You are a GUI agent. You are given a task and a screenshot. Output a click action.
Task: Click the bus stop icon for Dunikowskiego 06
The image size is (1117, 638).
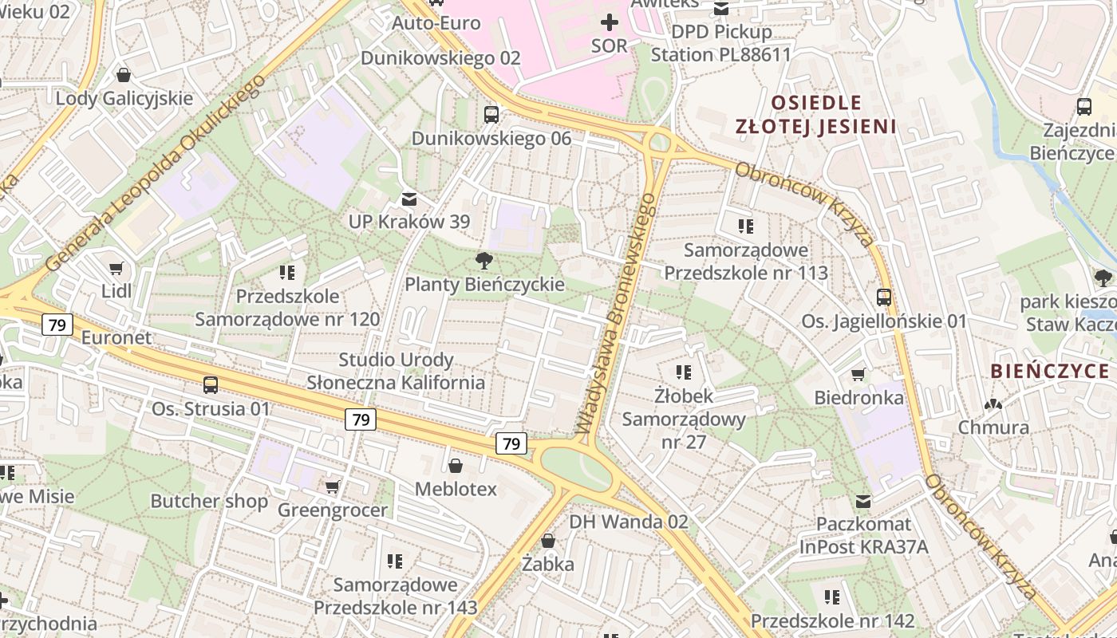pyautogui.click(x=491, y=115)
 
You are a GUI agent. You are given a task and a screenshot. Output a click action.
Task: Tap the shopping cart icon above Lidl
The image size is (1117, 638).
pyautogui.click(x=116, y=268)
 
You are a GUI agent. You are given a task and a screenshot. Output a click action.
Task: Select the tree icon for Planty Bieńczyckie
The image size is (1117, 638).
pyautogui.click(x=483, y=260)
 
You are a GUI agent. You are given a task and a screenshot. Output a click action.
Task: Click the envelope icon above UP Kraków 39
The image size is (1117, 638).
pyautogui.click(x=409, y=198)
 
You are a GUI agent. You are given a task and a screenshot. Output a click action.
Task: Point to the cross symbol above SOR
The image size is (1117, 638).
pyautogui.click(x=610, y=22)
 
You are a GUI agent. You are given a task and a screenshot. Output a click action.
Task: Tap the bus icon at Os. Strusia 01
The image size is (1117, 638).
pyautogui.click(x=211, y=385)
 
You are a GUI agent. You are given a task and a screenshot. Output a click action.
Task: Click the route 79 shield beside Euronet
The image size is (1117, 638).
pyautogui.click(x=57, y=325)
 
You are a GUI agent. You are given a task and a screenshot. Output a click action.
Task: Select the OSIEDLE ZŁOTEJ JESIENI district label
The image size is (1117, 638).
pyautogui.click(x=815, y=114)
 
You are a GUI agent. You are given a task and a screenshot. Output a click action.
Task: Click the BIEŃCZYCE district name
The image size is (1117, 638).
pyautogui.click(x=1049, y=371)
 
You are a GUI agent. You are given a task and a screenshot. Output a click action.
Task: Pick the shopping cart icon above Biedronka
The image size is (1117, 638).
pyautogui.click(x=858, y=374)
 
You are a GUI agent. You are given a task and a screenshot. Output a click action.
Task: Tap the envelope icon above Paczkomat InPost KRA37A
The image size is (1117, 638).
pyautogui.click(x=863, y=501)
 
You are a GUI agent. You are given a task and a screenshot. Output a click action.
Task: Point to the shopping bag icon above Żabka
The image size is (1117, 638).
pyautogui.click(x=548, y=541)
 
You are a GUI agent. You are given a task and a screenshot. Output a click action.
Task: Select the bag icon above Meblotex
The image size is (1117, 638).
pyautogui.click(x=456, y=466)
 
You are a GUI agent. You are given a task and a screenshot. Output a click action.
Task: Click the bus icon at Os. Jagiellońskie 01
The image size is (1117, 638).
pyautogui.click(x=884, y=297)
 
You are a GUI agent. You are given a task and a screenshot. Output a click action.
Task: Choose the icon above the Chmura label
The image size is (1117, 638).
pyautogui.click(x=993, y=404)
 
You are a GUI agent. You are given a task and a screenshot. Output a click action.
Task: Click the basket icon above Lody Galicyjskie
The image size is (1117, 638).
pyautogui.click(x=124, y=75)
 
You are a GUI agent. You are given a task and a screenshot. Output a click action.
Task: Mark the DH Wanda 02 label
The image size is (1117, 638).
pyautogui.click(x=628, y=522)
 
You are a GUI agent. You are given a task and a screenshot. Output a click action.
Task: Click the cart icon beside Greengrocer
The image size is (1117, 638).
pyautogui.click(x=333, y=486)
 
